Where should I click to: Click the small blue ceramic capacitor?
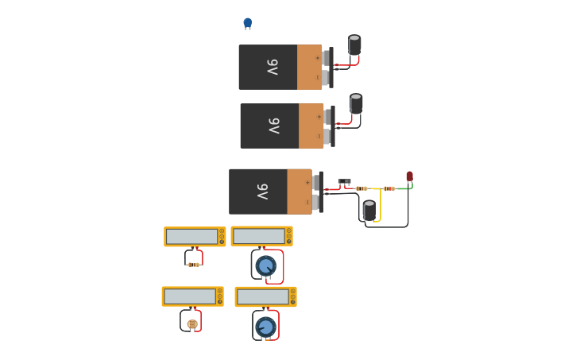coord(247,22)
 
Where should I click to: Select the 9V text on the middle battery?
coord(273,126)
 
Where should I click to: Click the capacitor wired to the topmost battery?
coord(354,45)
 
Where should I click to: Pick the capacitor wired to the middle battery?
coord(356,103)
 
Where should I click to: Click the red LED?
coord(410,176)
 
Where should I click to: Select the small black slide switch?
coord(344,182)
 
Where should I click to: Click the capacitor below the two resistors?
coord(369,211)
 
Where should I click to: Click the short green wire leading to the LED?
coord(403,188)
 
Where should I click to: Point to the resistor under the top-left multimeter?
coord(194,264)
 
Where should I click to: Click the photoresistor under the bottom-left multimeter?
coord(192,323)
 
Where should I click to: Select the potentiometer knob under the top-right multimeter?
coord(266,265)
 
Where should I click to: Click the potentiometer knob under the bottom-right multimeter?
coord(266,326)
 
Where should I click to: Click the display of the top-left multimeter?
coord(191,236)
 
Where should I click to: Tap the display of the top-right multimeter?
coord(258,236)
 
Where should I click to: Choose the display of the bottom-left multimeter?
coord(189,296)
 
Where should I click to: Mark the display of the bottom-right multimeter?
coord(262,296)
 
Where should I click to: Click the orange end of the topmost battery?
coord(309,68)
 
